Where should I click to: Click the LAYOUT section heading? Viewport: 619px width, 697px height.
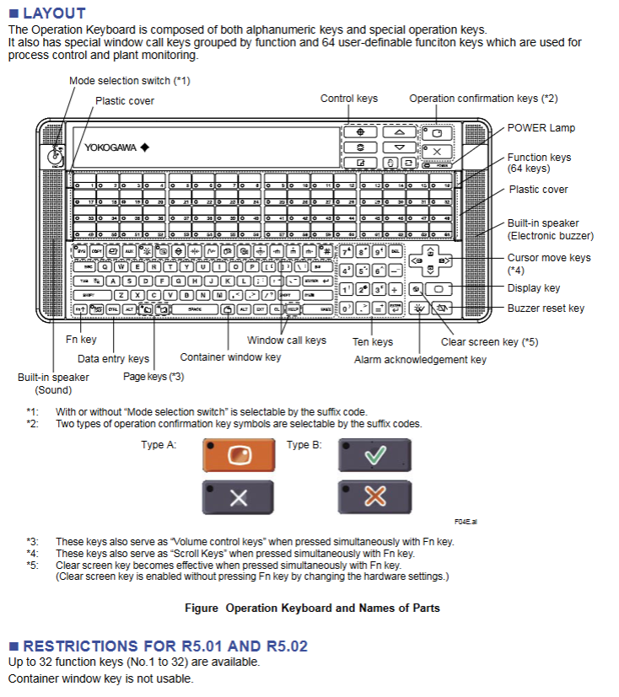point(54,13)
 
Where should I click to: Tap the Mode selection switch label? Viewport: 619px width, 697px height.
point(130,81)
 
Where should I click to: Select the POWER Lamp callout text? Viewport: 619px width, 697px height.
point(541,128)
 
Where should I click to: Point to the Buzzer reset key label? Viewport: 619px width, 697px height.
point(546,308)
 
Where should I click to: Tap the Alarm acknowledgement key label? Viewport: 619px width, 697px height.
point(420,360)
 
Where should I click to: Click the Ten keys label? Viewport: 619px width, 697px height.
point(373,342)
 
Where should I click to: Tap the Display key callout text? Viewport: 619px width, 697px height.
point(534,288)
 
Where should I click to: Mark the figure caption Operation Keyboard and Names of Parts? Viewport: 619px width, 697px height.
point(312,608)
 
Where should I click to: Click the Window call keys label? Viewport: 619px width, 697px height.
point(286,340)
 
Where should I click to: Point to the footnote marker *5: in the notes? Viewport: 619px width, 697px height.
point(33,565)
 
